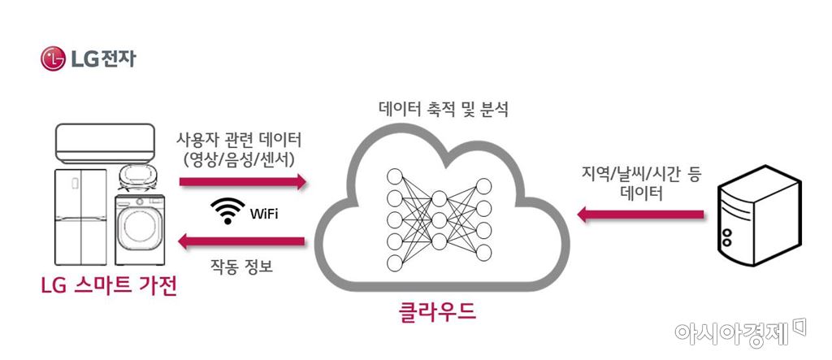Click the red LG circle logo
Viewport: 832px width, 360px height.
coord(53,59)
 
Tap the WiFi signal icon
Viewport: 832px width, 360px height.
coord(227,211)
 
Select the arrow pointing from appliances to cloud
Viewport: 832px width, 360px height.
coord(243,180)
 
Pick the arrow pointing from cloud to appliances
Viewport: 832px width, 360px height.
coord(243,241)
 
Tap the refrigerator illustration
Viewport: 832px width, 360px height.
coord(82,217)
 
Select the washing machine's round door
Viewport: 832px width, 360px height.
coord(142,232)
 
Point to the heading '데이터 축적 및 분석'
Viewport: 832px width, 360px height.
coord(444,109)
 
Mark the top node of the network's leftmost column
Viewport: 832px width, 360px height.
coord(395,176)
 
